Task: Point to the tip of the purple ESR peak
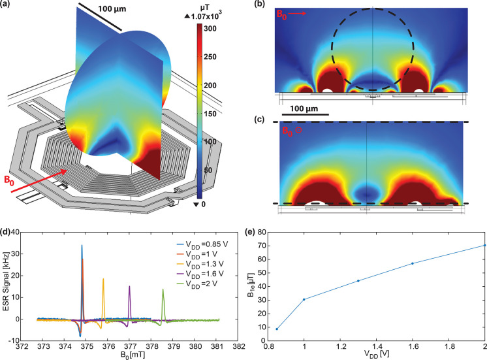pos(129,286)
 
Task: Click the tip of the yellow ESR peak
pos(103,279)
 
